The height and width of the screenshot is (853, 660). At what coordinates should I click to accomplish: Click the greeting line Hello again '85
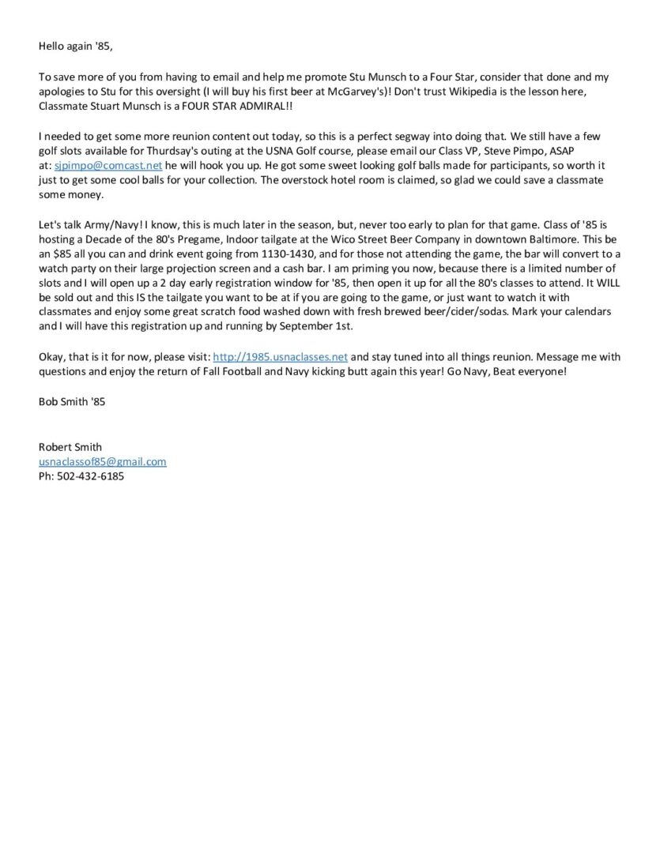tap(76, 46)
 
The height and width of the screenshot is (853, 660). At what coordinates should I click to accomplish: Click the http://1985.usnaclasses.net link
tap(280, 356)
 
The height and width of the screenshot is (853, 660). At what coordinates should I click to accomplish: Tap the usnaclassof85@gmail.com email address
tap(103, 462)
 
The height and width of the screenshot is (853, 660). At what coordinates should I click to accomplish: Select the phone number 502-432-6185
tap(91, 476)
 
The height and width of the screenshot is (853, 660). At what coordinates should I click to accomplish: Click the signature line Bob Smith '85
tap(72, 401)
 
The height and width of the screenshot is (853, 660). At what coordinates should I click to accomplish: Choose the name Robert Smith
tap(70, 447)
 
